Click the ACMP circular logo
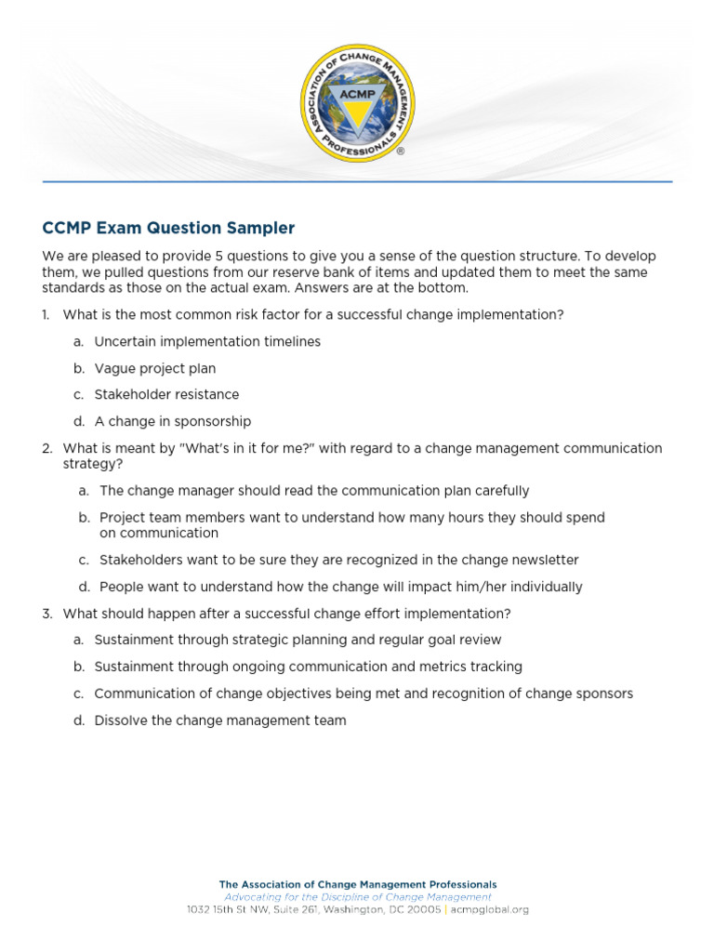(357, 103)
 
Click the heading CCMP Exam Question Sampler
(168, 228)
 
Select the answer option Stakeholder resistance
(166, 394)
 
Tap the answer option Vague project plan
(154, 368)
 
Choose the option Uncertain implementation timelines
(207, 341)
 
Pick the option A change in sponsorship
(173, 421)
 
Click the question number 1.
(45, 315)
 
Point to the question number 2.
(46, 448)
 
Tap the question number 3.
(46, 614)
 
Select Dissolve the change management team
(220, 721)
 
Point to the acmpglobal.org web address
(490, 909)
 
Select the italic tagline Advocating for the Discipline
(357, 897)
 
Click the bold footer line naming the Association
(357, 885)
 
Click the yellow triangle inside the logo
(357, 113)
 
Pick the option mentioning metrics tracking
(308, 667)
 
